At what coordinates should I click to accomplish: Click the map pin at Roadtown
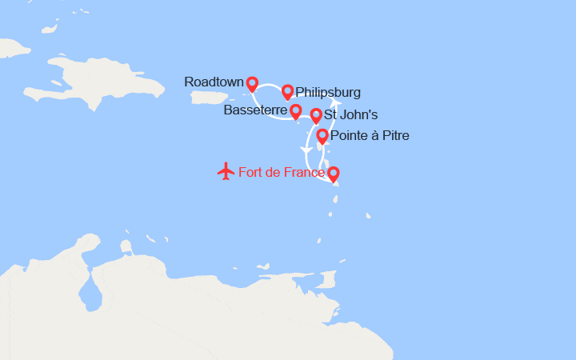[252, 83]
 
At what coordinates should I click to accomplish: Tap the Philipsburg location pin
[287, 92]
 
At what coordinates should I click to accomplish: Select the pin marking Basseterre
[295, 111]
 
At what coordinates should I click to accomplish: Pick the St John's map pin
[316, 116]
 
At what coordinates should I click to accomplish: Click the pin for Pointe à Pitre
[322, 136]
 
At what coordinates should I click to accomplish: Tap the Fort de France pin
[333, 173]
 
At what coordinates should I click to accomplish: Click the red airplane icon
[226, 171]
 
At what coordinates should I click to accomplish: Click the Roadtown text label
[214, 82]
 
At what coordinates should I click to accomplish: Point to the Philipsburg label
[328, 92]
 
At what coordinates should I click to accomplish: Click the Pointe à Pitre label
[370, 136]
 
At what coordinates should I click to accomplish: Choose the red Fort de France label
[282, 172]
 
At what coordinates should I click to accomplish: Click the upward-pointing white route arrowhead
[336, 103]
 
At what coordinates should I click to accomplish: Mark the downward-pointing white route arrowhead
[305, 150]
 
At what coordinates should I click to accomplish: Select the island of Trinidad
[325, 279]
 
